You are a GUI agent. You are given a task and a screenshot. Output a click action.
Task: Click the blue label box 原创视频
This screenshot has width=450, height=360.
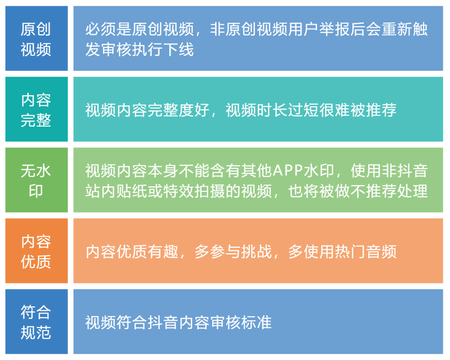pos(36,39)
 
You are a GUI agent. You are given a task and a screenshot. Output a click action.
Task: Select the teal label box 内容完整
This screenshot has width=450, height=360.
pos(36,110)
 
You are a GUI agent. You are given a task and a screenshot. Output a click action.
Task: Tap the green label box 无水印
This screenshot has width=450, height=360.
pos(36,180)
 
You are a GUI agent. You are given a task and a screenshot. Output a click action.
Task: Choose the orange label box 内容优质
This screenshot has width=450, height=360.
pos(36,251)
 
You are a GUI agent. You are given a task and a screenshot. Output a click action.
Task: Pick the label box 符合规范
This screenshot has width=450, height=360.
pos(36,322)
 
